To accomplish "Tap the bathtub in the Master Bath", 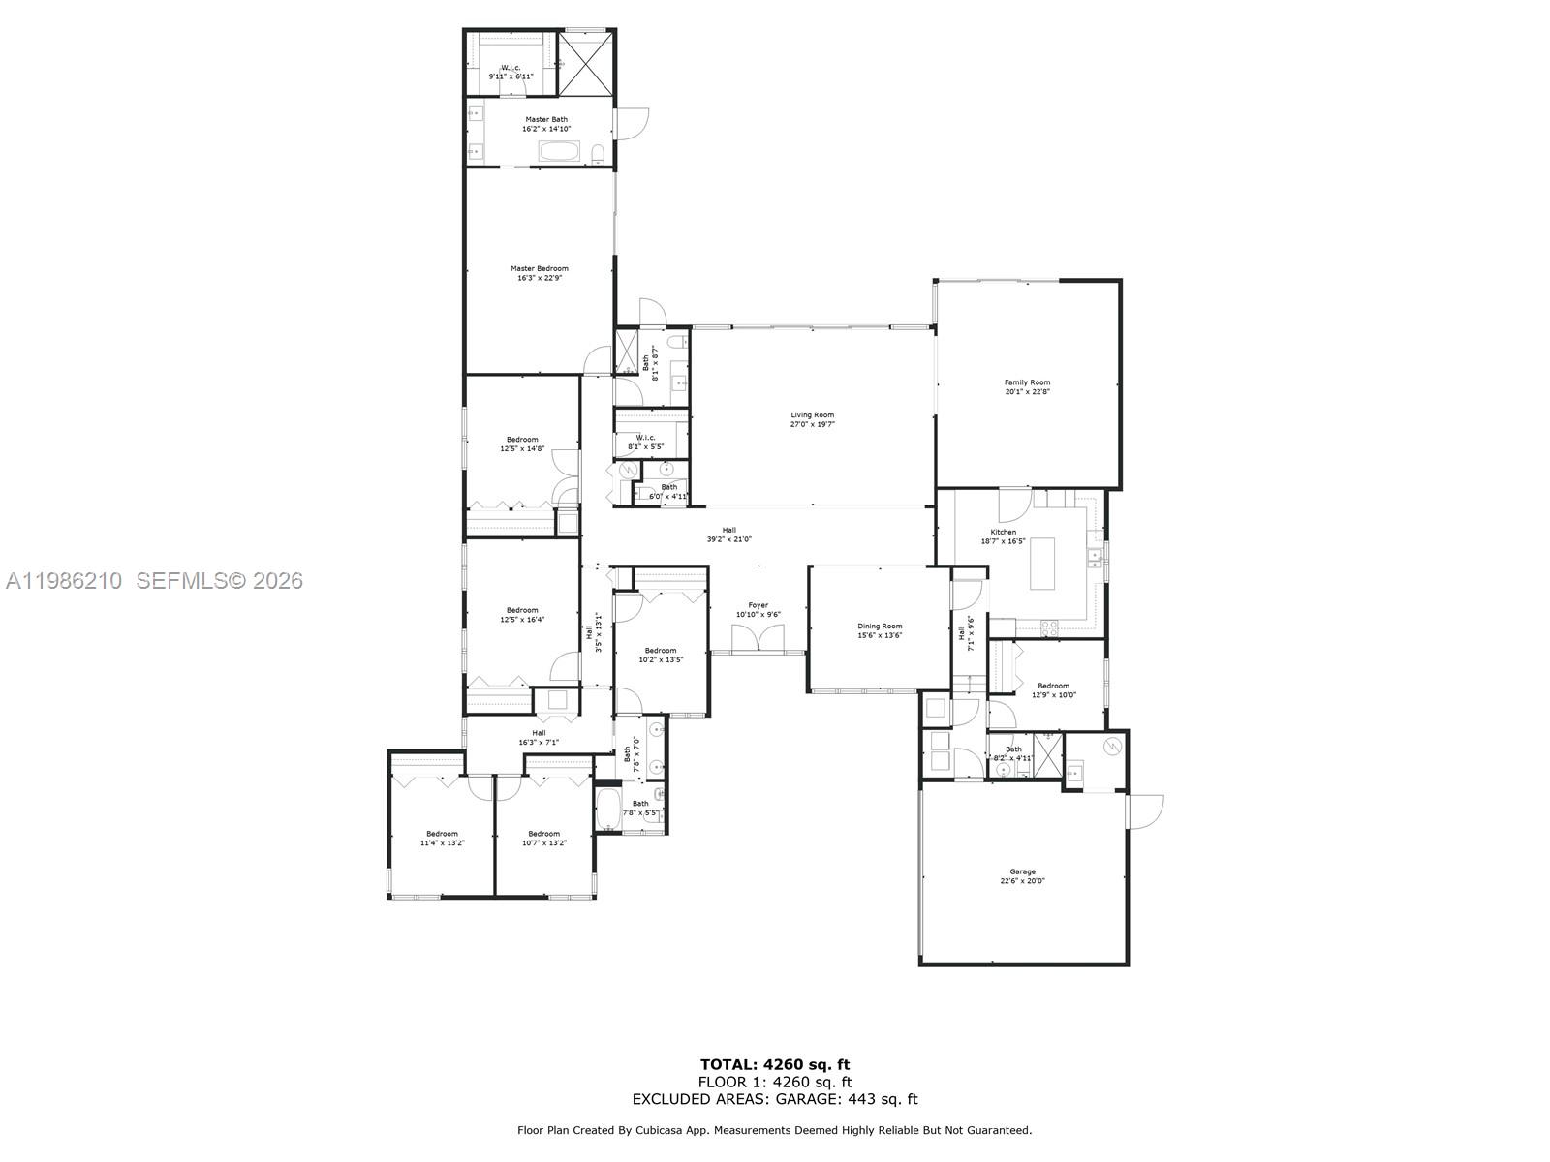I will (x=558, y=152).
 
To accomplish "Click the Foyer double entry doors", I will (x=758, y=640).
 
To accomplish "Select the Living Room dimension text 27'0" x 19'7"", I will (x=812, y=424).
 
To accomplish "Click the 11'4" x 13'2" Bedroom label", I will (x=442, y=838).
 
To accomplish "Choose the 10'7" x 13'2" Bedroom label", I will (x=543, y=838).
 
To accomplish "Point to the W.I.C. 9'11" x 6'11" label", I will (x=511, y=72).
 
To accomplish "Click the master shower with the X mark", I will (x=586, y=64).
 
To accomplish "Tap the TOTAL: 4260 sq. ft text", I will (x=775, y=1065).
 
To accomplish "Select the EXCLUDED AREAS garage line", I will (x=775, y=1099).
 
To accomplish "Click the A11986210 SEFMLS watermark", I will (x=153, y=581).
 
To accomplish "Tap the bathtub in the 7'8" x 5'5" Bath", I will (x=608, y=810).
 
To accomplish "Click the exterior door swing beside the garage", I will (x=1145, y=811).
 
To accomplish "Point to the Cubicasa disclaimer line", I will (x=775, y=1130).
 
